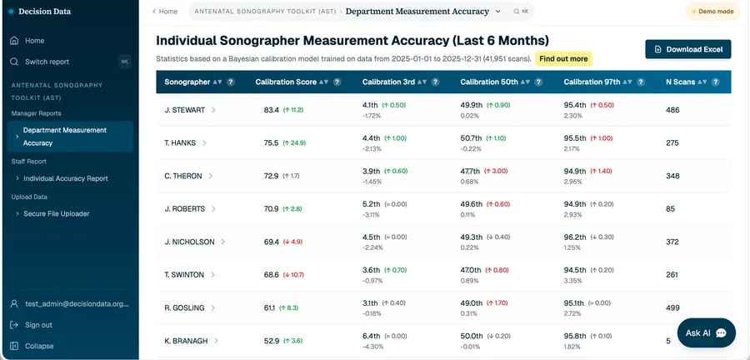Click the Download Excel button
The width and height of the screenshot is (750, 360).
point(687,49)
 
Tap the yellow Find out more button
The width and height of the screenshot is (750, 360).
point(563,59)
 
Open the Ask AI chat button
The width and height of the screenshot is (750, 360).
point(706,332)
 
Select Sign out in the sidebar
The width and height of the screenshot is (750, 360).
point(38,325)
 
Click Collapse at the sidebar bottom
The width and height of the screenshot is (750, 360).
point(39,346)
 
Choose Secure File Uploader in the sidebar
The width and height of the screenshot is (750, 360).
point(57,213)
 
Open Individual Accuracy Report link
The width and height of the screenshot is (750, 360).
point(66,178)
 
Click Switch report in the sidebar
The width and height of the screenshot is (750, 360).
point(47,62)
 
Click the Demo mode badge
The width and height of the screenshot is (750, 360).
point(712,12)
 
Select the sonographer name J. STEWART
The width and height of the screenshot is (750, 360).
point(185,110)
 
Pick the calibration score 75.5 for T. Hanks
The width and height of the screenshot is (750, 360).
point(271,143)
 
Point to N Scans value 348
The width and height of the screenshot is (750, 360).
point(672,176)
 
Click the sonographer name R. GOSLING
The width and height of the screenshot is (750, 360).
point(184,307)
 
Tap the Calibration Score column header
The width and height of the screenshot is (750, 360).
point(286,82)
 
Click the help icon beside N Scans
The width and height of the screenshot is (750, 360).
point(716,82)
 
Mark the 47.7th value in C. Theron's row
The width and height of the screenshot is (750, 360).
point(471,171)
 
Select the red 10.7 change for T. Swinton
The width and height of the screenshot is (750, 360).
point(293,275)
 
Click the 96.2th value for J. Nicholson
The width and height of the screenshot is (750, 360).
point(574,237)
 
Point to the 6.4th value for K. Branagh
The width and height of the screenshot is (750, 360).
point(371,336)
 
